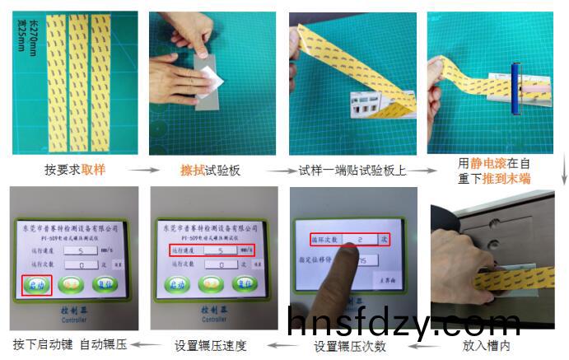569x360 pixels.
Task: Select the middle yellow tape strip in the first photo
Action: (78, 85)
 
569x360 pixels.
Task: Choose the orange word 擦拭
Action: (191, 171)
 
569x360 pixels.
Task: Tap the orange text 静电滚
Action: (489, 163)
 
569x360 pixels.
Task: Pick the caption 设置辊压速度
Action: (209, 344)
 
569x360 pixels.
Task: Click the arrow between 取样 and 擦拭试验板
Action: (145, 171)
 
